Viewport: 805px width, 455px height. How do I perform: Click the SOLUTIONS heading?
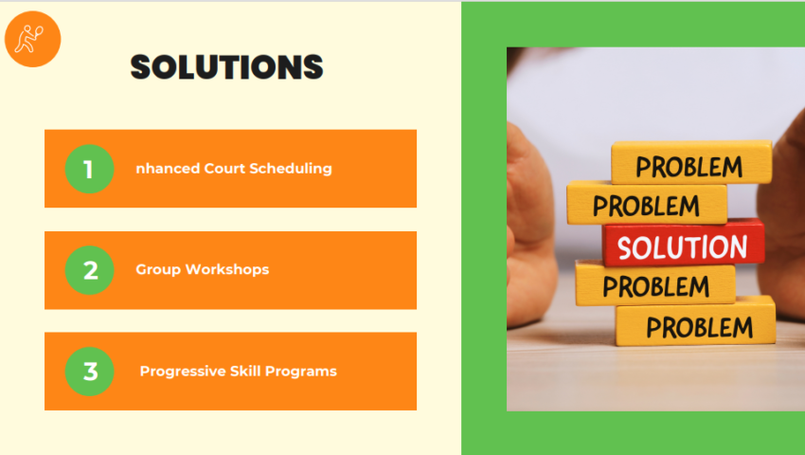click(x=227, y=67)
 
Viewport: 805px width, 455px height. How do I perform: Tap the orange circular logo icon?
click(x=32, y=38)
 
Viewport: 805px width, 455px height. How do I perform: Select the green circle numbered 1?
click(x=89, y=169)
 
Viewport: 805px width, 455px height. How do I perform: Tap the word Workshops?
click(x=227, y=270)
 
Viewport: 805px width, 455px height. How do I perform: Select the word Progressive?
click(x=181, y=372)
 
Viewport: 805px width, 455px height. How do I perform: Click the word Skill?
click(x=245, y=372)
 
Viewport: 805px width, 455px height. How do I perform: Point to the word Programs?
click(x=302, y=372)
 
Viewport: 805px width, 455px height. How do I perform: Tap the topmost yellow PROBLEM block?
click(x=690, y=165)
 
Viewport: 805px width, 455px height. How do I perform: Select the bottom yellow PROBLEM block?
click(x=697, y=325)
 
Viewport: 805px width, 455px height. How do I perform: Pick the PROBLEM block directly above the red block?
click(x=648, y=204)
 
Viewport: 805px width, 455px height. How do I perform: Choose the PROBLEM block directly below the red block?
click(x=655, y=284)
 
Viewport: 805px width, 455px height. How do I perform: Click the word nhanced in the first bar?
click(x=168, y=169)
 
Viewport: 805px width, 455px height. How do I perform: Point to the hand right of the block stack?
click(x=788, y=209)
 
